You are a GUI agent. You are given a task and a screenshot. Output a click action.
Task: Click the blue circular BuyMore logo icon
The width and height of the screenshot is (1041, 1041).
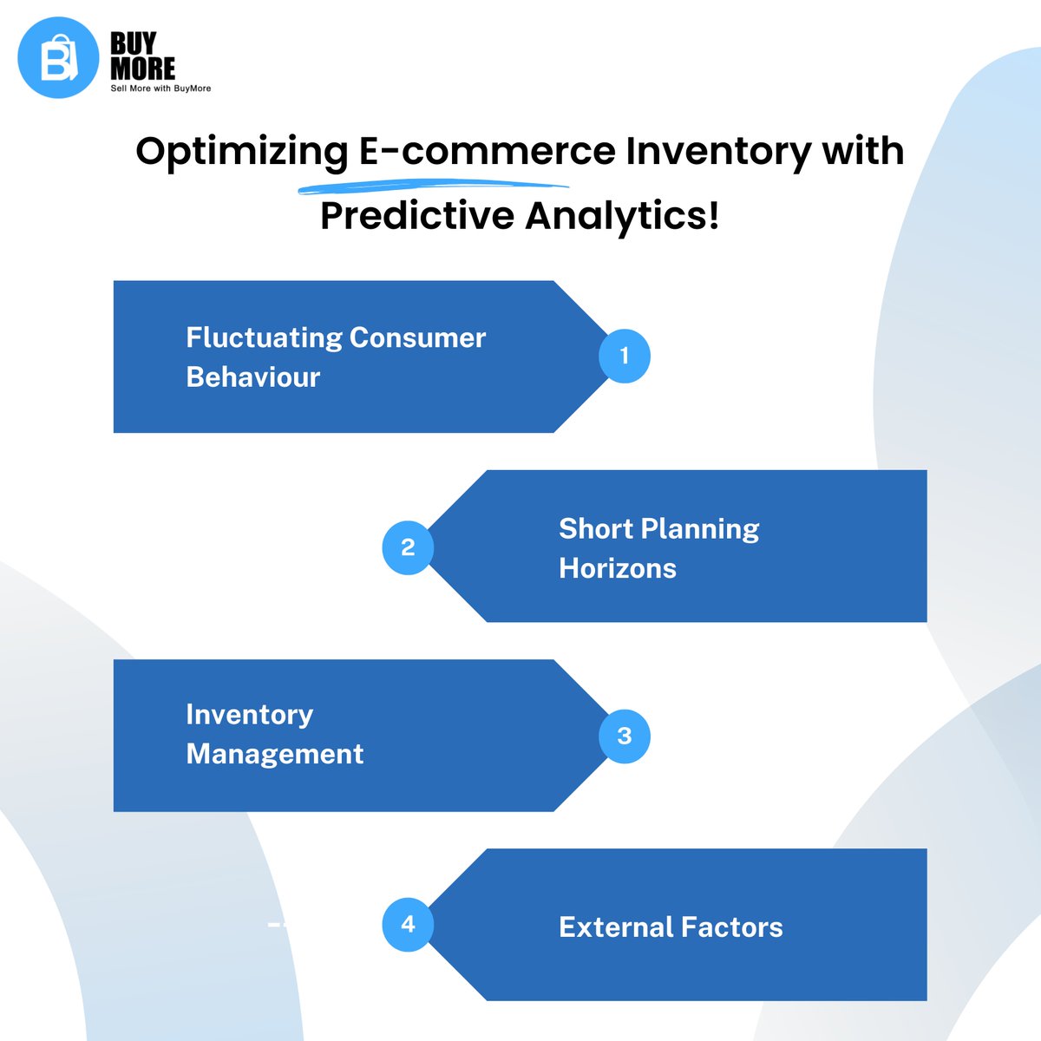(58, 57)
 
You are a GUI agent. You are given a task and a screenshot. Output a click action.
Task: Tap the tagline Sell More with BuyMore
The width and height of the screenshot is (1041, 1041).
(160, 88)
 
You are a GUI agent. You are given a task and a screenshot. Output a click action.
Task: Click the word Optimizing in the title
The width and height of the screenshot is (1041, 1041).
(242, 152)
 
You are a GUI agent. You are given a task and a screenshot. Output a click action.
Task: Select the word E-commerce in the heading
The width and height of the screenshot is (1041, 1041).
(487, 151)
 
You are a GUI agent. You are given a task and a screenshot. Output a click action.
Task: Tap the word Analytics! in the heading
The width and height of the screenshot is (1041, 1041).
(622, 216)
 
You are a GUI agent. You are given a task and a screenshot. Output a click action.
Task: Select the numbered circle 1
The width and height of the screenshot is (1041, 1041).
(625, 356)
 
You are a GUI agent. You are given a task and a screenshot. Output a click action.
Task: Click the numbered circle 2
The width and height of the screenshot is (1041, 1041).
(408, 547)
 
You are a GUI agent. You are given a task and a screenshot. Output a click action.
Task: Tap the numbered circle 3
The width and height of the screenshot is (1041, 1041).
(625, 737)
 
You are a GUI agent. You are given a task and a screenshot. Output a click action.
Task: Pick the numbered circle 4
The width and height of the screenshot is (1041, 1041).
(408, 924)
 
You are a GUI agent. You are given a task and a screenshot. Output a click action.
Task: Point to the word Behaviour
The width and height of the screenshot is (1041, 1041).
(253, 377)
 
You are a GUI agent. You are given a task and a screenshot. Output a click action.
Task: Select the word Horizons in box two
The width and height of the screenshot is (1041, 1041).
(618, 568)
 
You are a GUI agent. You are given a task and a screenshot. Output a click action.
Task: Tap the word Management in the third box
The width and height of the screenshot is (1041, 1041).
(275, 754)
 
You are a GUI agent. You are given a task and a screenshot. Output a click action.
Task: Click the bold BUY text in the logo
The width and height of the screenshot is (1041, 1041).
(134, 43)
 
